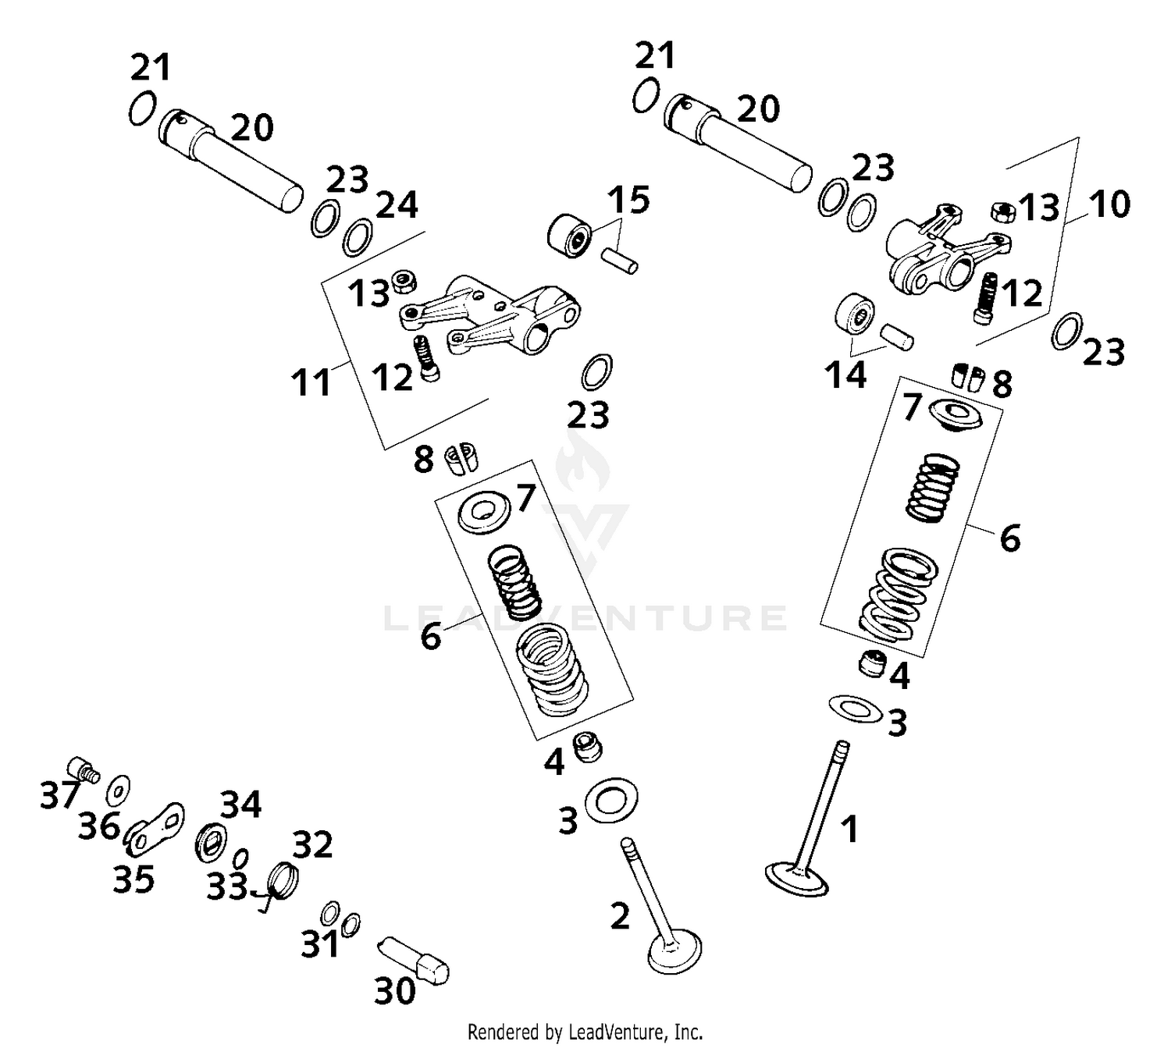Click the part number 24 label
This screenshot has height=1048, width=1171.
397,206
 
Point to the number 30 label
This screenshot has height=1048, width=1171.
395,991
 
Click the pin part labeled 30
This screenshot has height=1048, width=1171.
414,961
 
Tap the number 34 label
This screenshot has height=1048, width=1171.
240,805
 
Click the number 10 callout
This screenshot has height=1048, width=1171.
1109,204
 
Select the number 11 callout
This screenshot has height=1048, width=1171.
311,383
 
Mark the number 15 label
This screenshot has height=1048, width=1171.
629,201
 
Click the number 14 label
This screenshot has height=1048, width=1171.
846,375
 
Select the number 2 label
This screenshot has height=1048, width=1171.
620,916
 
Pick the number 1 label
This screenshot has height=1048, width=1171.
849,829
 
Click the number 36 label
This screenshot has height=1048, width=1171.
99,826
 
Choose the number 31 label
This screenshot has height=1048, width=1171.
320,945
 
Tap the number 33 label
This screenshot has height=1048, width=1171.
226,886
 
